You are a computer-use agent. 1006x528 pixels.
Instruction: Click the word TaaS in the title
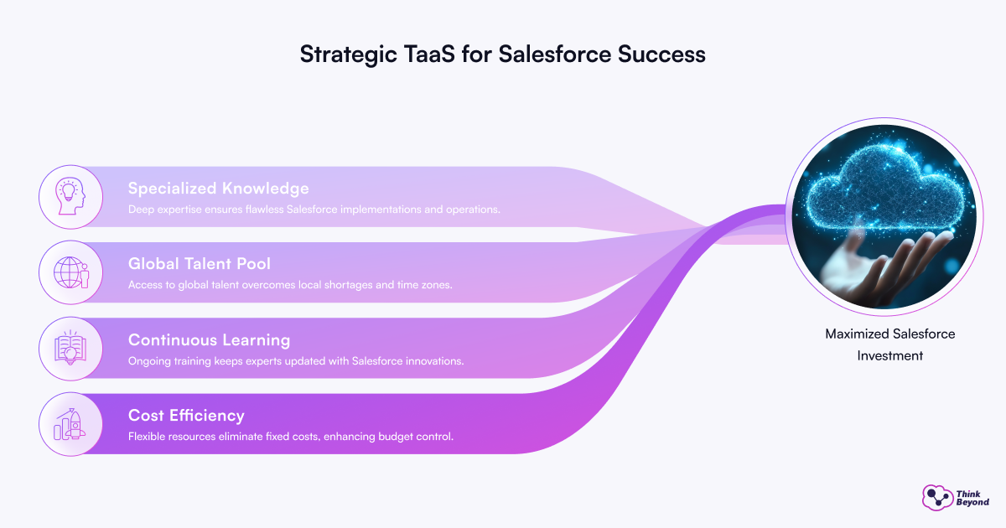pyautogui.click(x=429, y=54)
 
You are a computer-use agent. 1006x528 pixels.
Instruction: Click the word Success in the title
pyautogui.click(x=661, y=54)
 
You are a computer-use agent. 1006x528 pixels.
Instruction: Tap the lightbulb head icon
pyautogui.click(x=70, y=196)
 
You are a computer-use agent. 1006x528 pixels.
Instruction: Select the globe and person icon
pyautogui.click(x=71, y=272)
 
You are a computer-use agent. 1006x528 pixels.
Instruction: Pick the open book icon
pyautogui.click(x=70, y=348)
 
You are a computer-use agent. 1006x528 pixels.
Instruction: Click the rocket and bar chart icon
pyautogui.click(x=70, y=424)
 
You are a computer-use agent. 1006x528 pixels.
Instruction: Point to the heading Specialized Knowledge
pyautogui.click(x=218, y=188)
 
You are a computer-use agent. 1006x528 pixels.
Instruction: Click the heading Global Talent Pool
pyautogui.click(x=200, y=263)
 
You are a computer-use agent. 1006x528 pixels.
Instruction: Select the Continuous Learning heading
pyautogui.click(x=209, y=340)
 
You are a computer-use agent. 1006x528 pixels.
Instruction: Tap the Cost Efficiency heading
pyautogui.click(x=186, y=416)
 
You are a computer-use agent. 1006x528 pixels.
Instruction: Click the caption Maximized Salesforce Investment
pyautogui.click(x=889, y=344)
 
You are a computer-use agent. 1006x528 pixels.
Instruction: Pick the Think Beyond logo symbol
pyautogui.click(x=937, y=498)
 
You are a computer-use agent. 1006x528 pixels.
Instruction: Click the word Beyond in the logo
pyautogui.click(x=972, y=502)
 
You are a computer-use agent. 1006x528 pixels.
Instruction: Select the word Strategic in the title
pyautogui.click(x=349, y=54)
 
